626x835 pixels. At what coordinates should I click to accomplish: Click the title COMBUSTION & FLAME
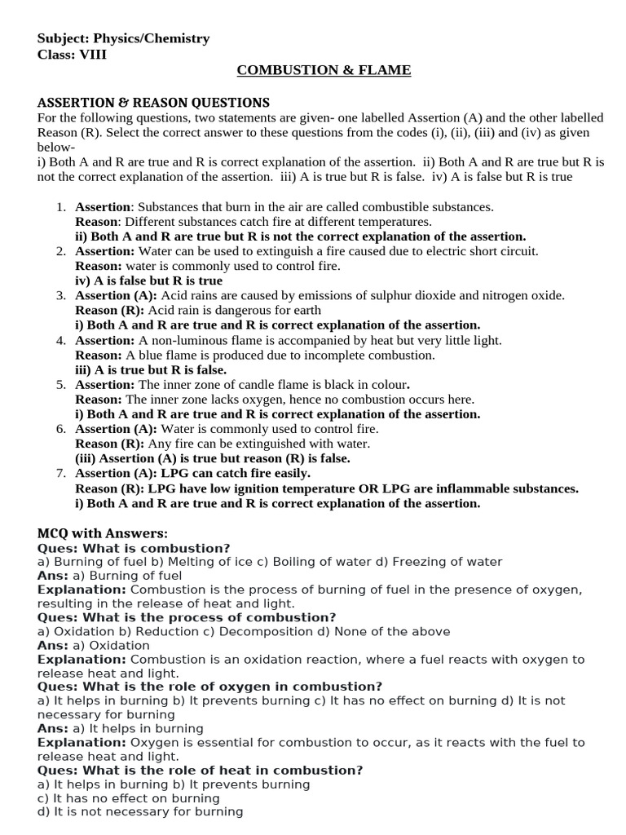[x=324, y=71]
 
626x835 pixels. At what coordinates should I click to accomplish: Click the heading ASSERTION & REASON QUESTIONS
[x=153, y=103]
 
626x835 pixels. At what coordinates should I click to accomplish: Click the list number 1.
[x=61, y=207]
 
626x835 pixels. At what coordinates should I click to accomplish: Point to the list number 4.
[x=61, y=340]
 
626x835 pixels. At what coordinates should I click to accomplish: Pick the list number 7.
[x=61, y=473]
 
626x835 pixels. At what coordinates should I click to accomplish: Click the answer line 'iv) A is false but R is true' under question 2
[x=148, y=281]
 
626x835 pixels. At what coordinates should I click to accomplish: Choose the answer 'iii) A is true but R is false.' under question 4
[x=151, y=369]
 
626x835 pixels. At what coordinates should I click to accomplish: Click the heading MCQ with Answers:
[x=103, y=533]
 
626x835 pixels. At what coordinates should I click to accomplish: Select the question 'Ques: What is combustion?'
[x=134, y=548]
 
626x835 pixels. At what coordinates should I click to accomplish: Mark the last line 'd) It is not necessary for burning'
[x=140, y=811]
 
